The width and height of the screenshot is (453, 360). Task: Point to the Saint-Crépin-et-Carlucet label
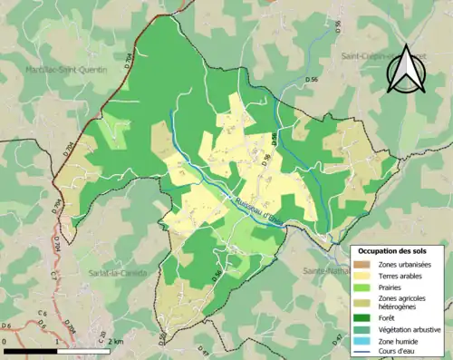pos(381,57)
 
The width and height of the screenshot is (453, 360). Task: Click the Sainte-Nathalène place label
pos(328,270)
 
